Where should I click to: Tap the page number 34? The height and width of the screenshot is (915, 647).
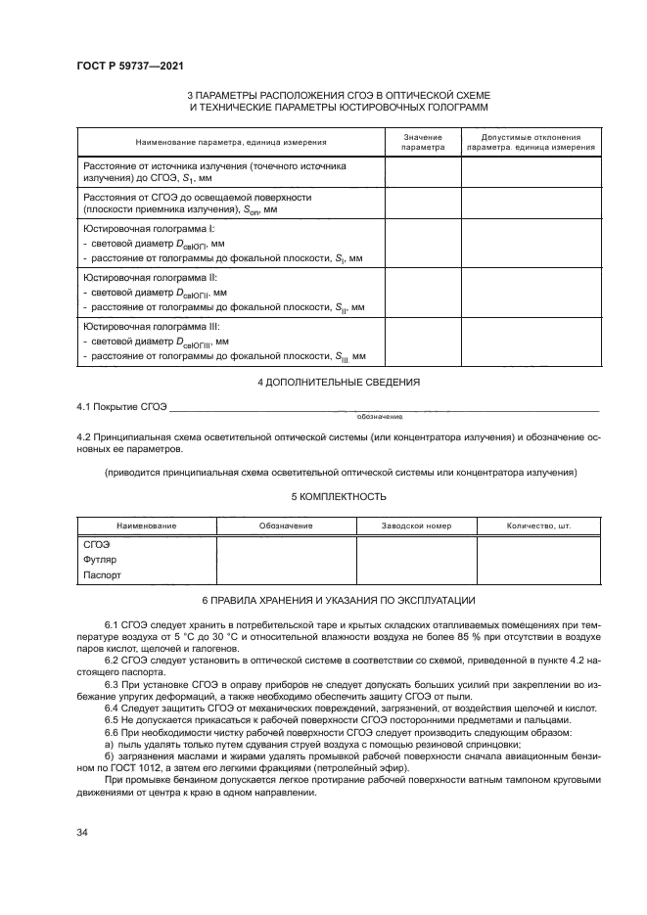[82, 832]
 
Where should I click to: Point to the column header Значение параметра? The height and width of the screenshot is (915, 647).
[423, 143]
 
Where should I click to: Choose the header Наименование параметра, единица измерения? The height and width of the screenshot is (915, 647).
[230, 143]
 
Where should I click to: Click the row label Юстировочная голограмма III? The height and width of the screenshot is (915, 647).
[152, 326]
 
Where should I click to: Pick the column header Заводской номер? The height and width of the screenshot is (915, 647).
[416, 526]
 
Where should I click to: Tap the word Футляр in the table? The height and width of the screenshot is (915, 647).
[102, 560]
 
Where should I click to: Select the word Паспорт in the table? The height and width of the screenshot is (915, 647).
[103, 576]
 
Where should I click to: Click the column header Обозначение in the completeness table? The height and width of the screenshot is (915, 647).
[286, 526]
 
